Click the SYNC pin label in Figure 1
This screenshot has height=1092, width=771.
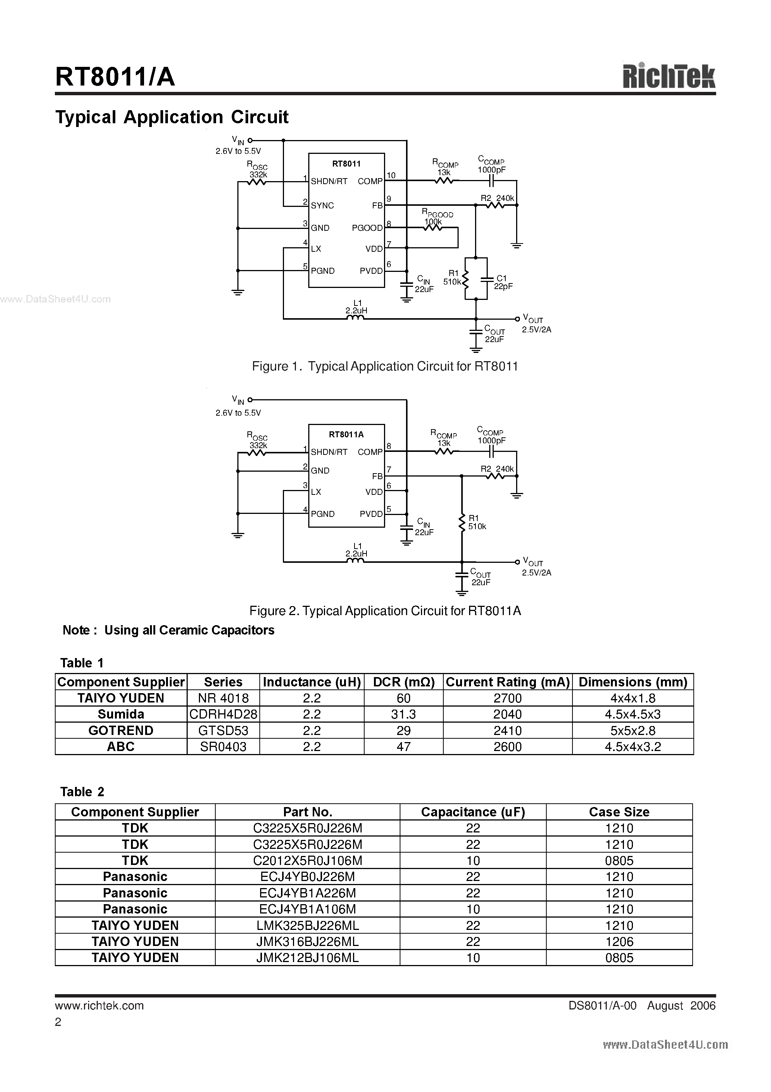coord(322,205)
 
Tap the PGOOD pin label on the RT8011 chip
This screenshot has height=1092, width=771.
coord(367,228)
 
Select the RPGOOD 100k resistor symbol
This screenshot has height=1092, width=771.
coord(433,228)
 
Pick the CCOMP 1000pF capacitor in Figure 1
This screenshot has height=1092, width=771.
coord(493,181)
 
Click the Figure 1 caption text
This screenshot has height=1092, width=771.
coord(384,366)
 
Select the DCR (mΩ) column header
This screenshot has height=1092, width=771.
coord(403,682)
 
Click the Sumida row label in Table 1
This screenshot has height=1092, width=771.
coord(121,714)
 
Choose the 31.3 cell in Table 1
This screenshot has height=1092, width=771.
coord(403,714)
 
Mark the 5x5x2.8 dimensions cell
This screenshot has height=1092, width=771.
coord(633,730)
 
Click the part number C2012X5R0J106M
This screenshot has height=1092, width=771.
coord(308,860)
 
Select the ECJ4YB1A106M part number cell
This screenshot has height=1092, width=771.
coord(308,909)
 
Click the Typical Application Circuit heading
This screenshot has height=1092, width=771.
coord(172,117)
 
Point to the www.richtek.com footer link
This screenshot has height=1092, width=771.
coord(99,1005)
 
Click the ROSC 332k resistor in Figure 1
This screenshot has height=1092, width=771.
coord(257,181)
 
